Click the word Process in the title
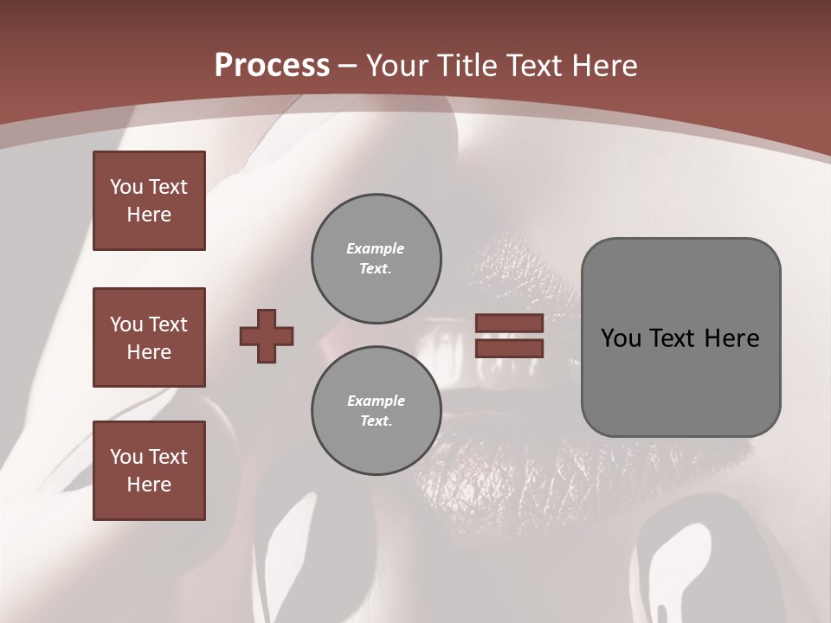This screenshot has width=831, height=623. coord(272,66)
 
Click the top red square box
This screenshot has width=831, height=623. coord(149,201)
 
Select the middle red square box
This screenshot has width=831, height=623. coord(149,337)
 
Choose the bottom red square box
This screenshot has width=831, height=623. coord(149,471)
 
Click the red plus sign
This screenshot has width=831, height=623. coord(267,336)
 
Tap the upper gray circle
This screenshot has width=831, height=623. coord(376,259)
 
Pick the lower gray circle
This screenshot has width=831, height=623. coord(376,411)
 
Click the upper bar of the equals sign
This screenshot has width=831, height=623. coord(509,323)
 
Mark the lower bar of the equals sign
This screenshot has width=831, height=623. coord(509,348)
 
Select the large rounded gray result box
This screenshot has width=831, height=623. coord(680,337)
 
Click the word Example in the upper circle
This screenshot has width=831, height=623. coord(376,248)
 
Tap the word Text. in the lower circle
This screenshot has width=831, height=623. coord(376,421)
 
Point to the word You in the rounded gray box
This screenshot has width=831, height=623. coord(621,338)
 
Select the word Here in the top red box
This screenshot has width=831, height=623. coord(149,215)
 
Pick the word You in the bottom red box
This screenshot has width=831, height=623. coord(126,457)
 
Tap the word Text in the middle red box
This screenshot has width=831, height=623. coord(168,324)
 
